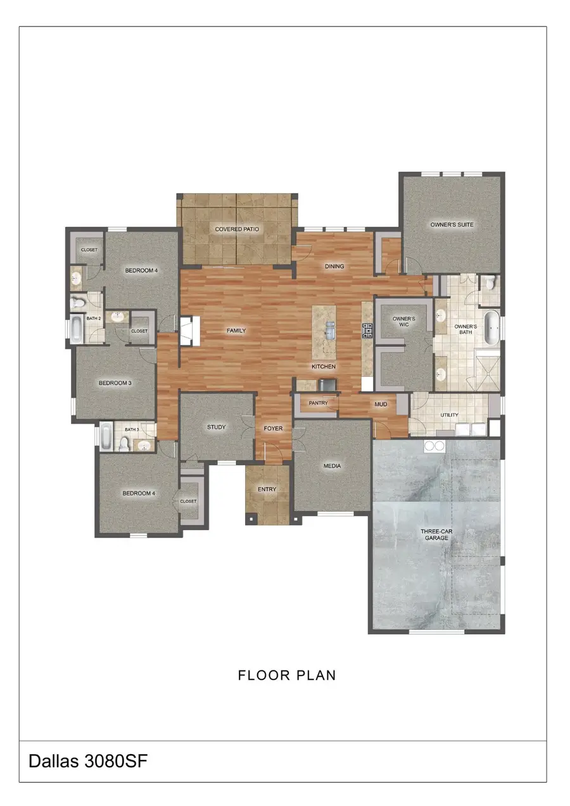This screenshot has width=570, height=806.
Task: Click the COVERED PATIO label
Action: [237, 229]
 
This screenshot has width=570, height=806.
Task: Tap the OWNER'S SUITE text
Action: [452, 225]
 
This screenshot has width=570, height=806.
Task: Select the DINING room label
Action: [334, 267]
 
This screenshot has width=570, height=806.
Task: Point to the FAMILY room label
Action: [236, 331]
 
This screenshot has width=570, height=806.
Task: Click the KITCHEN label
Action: [323, 367]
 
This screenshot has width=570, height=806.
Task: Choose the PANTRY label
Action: [318, 403]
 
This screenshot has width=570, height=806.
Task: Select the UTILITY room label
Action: [450, 415]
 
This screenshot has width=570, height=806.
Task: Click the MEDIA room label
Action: [332, 466]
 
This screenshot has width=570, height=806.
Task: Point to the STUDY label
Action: [216, 427]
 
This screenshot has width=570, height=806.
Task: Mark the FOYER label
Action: [273, 429]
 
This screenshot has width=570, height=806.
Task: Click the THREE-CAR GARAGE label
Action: [436, 534]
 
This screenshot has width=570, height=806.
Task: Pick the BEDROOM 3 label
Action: [115, 383]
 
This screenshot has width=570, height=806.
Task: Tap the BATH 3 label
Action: [131, 430]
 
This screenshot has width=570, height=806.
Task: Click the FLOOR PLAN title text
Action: [287, 676]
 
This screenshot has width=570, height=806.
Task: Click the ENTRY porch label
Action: [267, 489]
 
